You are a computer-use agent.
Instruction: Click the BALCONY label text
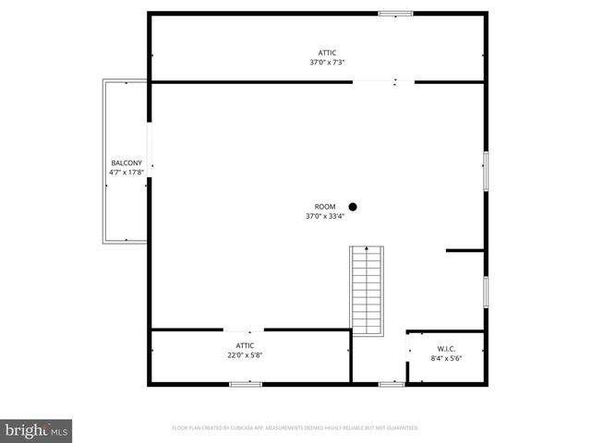coord(127,163)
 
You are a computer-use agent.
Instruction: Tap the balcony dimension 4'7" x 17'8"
coord(127,172)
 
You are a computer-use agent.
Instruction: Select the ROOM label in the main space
coord(325,207)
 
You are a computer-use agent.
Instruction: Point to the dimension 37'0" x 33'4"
coord(325,216)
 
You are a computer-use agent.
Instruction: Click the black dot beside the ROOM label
coord(352,207)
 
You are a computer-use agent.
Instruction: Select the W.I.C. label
coord(446,349)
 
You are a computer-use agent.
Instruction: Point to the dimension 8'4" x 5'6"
coord(446,358)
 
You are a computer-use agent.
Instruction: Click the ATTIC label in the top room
coord(328,53)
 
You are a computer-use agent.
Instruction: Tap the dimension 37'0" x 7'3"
coord(328,62)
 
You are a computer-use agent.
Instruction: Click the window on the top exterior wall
coord(395,13)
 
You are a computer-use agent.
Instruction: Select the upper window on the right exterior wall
coord(486,171)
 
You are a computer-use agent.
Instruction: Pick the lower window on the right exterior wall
coord(486,290)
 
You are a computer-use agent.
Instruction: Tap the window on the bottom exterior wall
coord(392,383)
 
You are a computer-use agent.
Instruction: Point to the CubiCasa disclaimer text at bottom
coord(295,428)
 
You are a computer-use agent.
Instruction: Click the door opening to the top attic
coord(383,82)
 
